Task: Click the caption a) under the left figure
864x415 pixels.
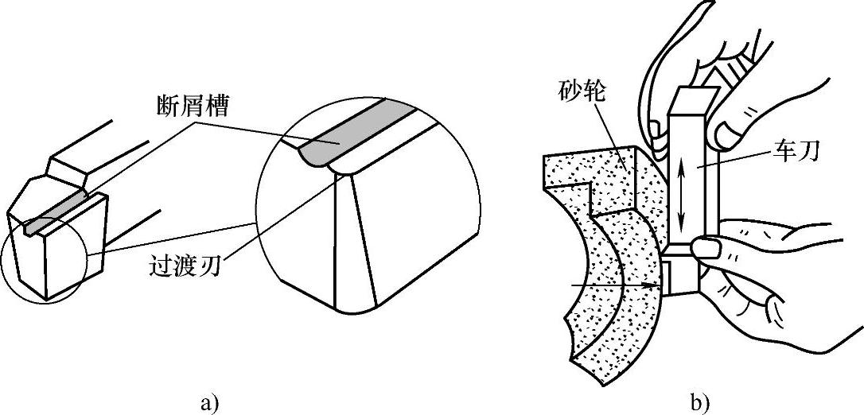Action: tap(208, 401)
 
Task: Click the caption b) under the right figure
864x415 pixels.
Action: tap(700, 401)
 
